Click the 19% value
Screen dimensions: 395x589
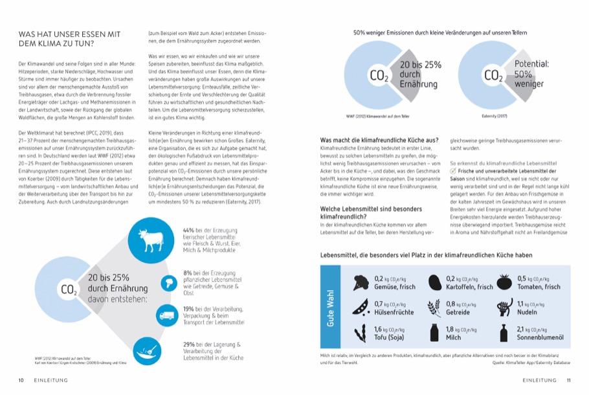click(189, 309)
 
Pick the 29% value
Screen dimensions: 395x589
click(189, 344)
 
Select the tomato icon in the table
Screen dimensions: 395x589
click(504, 282)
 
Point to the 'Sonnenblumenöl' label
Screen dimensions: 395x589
click(539, 337)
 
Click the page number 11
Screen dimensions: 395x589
click(568, 380)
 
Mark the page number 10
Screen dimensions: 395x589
click(21, 380)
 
